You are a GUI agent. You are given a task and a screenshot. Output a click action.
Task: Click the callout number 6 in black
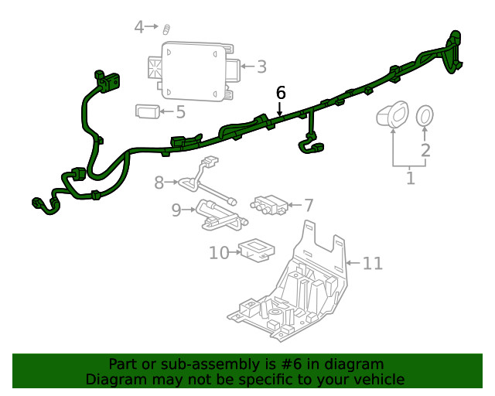click(281, 92)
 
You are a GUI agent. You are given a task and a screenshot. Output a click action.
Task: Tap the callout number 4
click(139, 28)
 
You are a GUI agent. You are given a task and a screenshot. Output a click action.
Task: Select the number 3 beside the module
click(261, 67)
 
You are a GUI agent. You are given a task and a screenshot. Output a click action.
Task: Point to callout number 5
click(180, 112)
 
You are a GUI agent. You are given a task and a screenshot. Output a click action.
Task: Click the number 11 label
click(372, 264)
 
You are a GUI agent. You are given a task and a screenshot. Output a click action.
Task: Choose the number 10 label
click(219, 252)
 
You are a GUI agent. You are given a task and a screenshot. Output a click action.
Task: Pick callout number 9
click(176, 210)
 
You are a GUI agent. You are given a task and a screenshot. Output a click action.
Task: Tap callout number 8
click(159, 183)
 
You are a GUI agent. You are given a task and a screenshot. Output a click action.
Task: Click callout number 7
click(308, 205)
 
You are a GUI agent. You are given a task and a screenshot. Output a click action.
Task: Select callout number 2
click(425, 149)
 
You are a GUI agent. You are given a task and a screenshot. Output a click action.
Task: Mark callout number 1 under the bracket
click(410, 179)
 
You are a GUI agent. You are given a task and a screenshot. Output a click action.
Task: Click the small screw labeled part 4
click(166, 29)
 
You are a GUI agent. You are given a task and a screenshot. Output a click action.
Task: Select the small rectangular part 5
click(148, 111)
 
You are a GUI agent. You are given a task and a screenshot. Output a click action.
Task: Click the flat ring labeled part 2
click(425, 117)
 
